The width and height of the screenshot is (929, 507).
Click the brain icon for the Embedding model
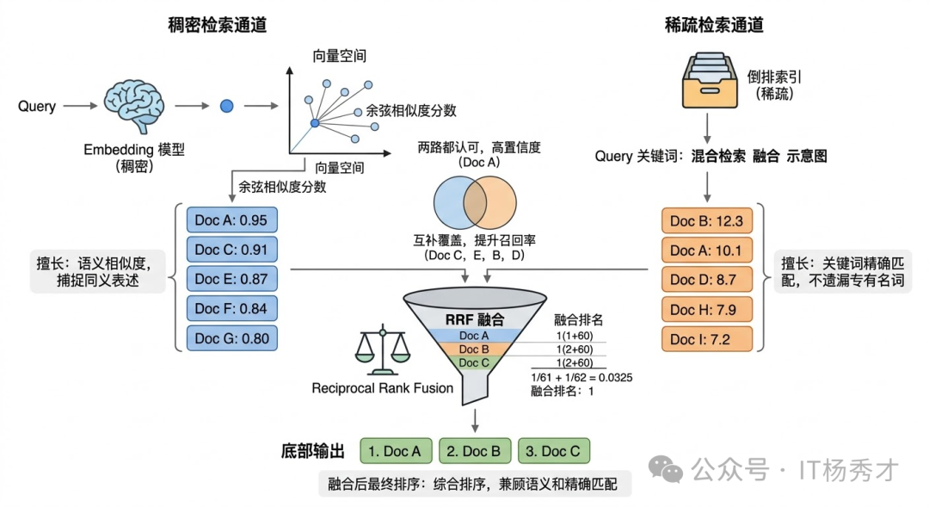[134, 105]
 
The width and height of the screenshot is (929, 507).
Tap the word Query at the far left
[37, 107]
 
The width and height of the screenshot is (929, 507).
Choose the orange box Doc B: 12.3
[706, 221]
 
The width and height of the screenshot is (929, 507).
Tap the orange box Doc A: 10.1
[706, 250]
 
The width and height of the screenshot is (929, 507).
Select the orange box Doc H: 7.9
[706, 309]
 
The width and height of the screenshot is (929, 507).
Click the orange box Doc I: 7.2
[706, 338]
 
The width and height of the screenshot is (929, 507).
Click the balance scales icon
[381, 351]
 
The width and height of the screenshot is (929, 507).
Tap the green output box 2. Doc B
[475, 451]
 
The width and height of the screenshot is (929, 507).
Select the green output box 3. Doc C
[553, 451]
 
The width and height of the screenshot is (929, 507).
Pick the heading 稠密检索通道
[217, 25]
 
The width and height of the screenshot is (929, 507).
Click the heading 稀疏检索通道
[713, 25]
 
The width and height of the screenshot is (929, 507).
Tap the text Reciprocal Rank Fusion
[382, 388]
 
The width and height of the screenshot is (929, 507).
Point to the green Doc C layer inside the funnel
[474, 362]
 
